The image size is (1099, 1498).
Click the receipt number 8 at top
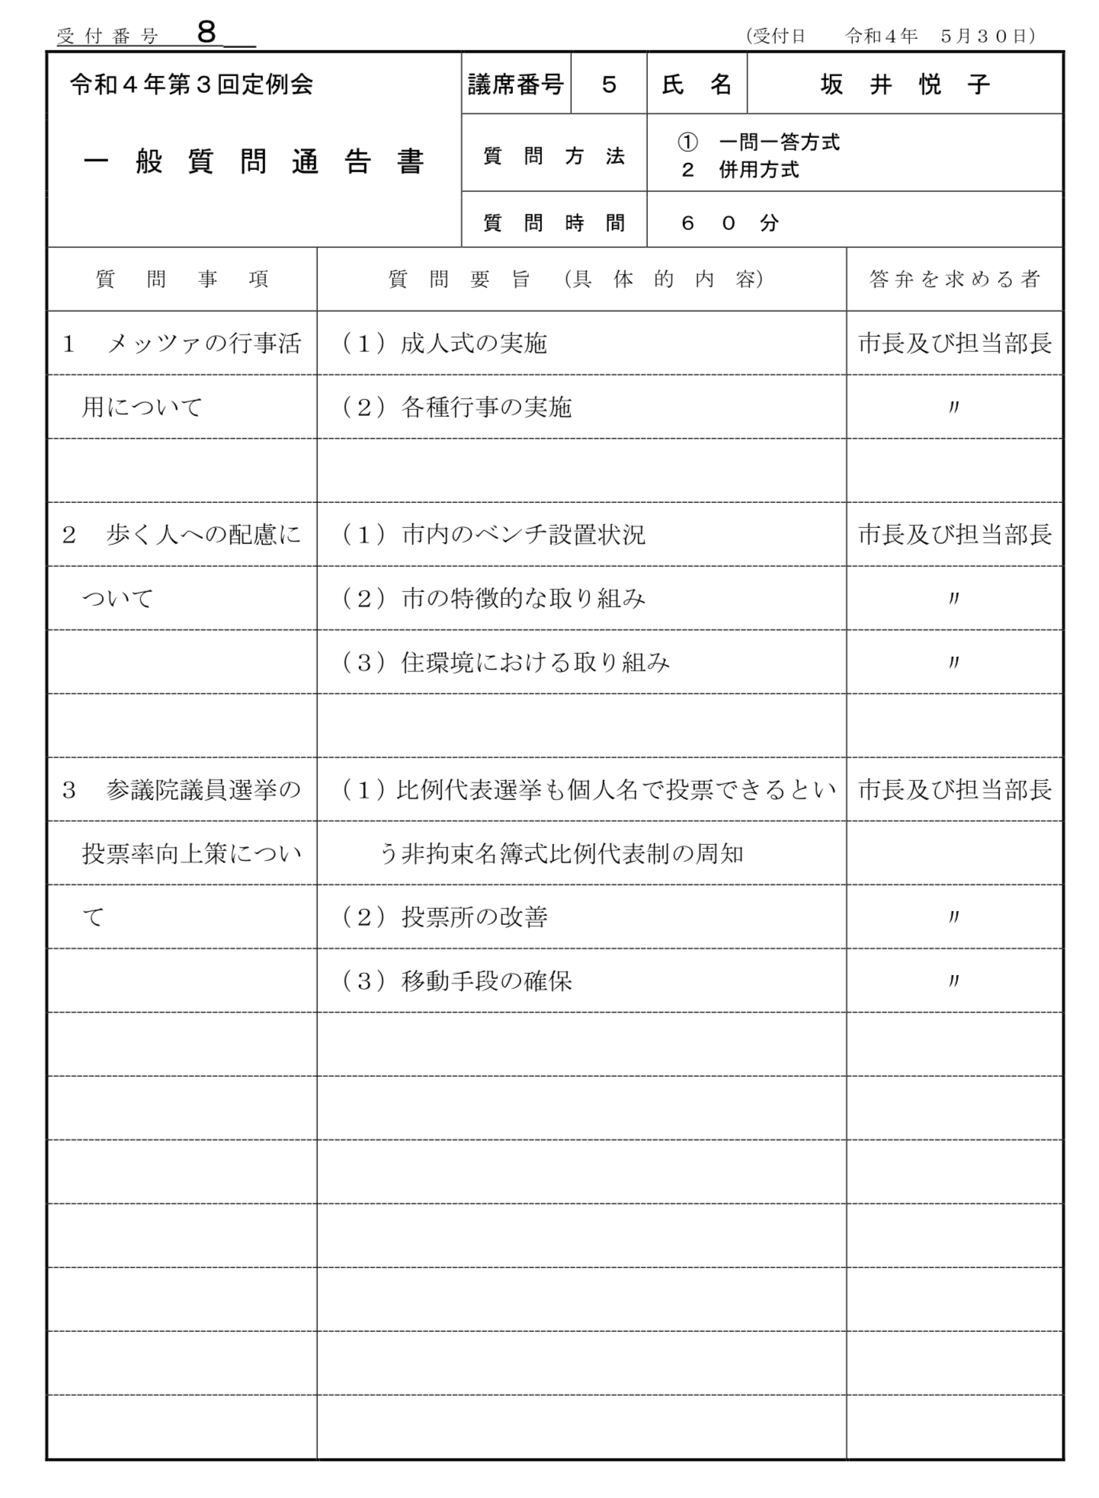coord(207,33)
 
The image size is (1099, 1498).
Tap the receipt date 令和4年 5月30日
coord(939,36)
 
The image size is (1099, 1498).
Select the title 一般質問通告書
coord(253,162)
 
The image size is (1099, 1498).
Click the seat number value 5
coord(608,85)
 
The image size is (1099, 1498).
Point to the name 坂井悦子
coord(904,85)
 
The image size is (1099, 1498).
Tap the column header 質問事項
coord(182,280)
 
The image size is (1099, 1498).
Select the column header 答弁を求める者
coord(954,280)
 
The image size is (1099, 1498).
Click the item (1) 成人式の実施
coord(444,344)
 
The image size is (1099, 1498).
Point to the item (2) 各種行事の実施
coord(457,408)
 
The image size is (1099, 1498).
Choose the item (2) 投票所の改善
coord(444,917)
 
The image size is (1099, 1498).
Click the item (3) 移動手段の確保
coord(457,981)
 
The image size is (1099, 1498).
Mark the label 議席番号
coord(516,85)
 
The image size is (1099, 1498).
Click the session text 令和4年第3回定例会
coord(191,85)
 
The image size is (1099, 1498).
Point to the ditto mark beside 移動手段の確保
coord(953,981)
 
